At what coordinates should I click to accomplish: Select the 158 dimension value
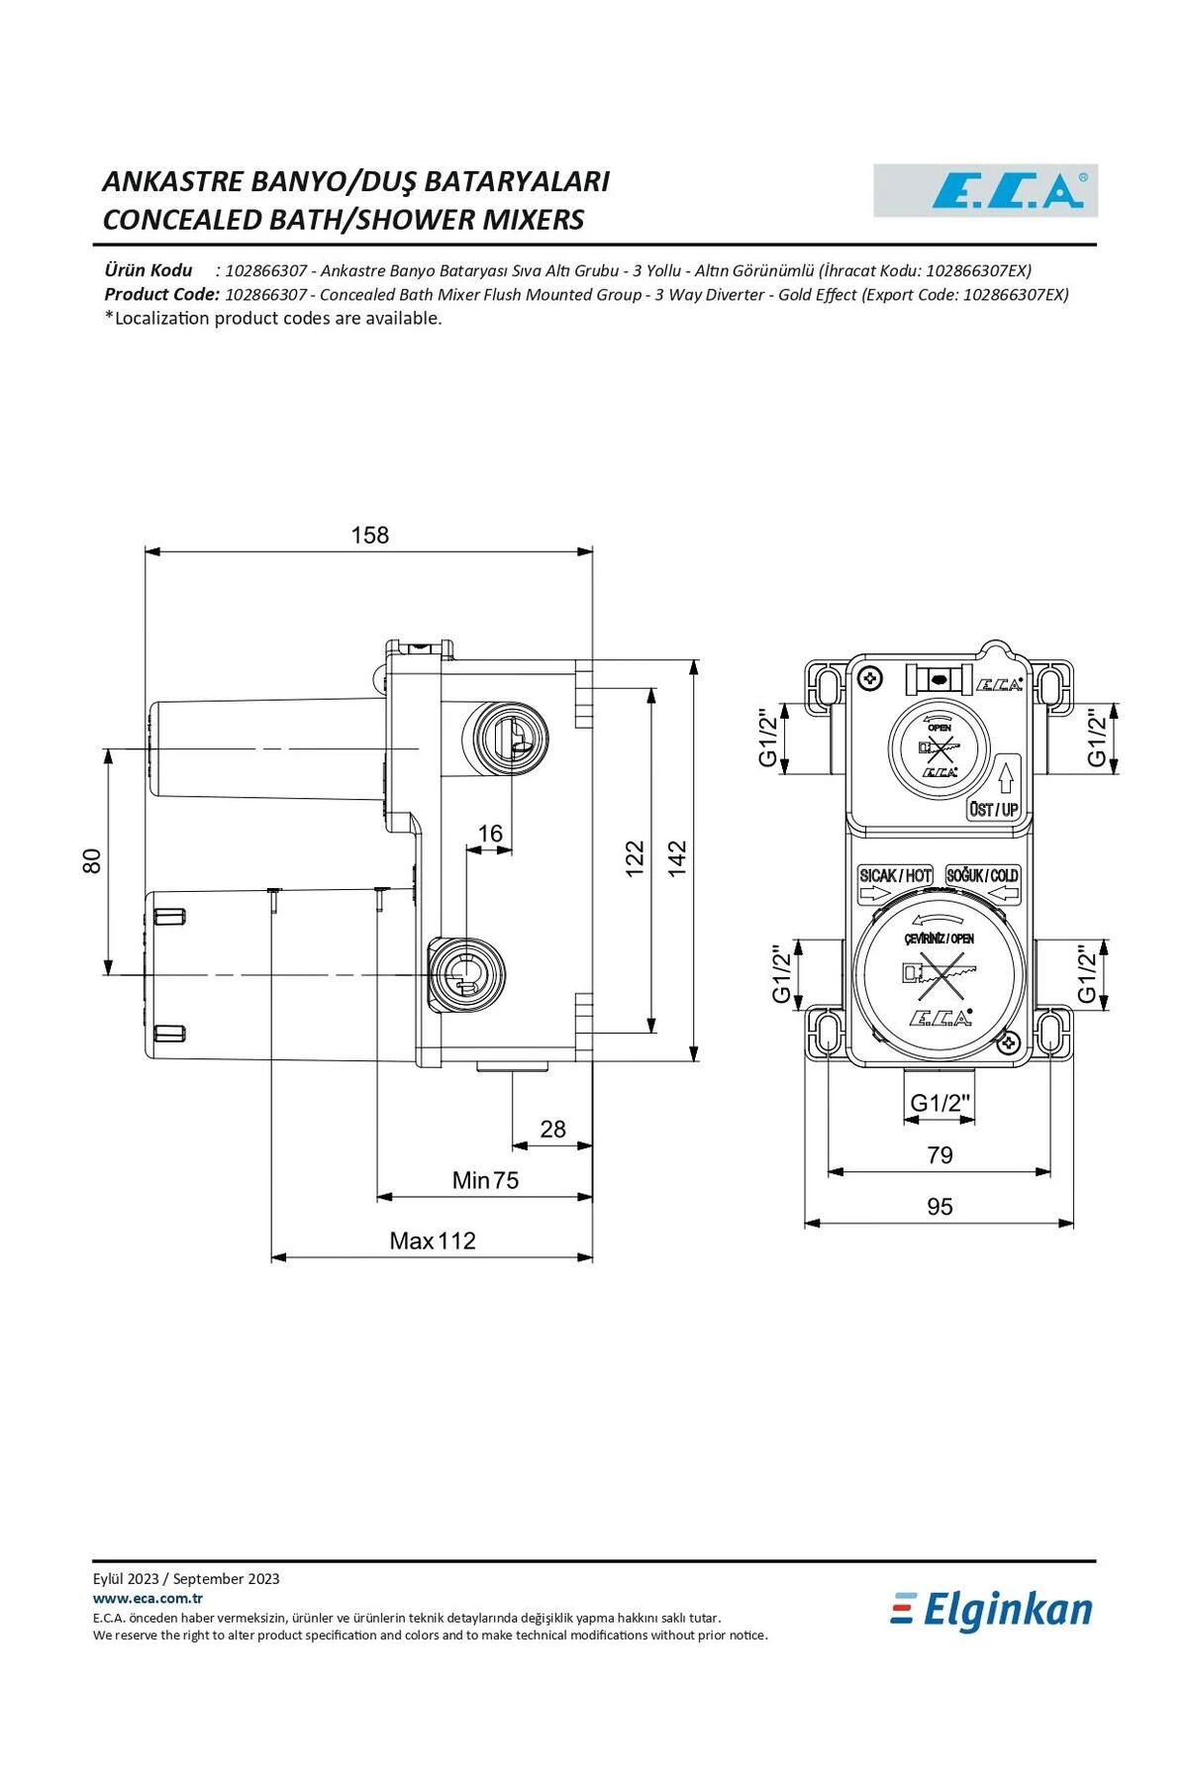pyautogui.click(x=370, y=535)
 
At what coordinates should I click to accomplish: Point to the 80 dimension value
pyautogui.click(x=91, y=860)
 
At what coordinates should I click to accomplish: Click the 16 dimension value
pyautogui.click(x=490, y=834)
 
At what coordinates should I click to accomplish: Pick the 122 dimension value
pyautogui.click(x=635, y=857)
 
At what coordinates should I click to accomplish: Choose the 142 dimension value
pyautogui.click(x=677, y=857)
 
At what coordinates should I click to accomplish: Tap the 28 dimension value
pyautogui.click(x=552, y=1129)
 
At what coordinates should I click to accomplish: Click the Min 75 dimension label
pyautogui.click(x=485, y=1180)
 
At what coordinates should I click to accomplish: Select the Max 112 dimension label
pyautogui.click(x=433, y=1240)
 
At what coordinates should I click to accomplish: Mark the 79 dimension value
pyautogui.click(x=940, y=1154)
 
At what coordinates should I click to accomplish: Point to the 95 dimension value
pyautogui.click(x=940, y=1206)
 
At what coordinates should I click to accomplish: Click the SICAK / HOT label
pyautogui.click(x=895, y=875)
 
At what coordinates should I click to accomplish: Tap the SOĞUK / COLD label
pyautogui.click(x=982, y=875)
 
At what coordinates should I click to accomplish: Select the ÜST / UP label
pyautogui.click(x=994, y=810)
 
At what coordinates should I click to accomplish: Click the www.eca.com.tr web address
pyautogui.click(x=148, y=1598)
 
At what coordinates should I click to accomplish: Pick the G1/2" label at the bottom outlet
pyautogui.click(x=940, y=1103)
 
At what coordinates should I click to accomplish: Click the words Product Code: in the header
pyautogui.click(x=161, y=294)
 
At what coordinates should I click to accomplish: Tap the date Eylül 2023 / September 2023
pyautogui.click(x=186, y=1579)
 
